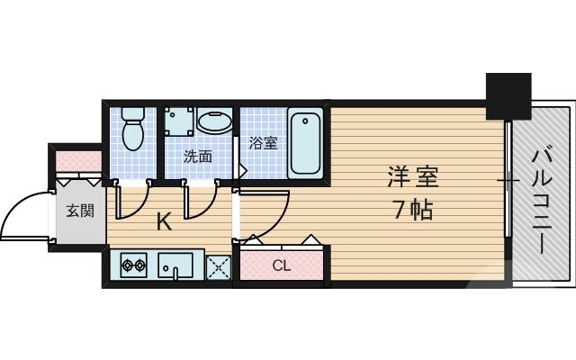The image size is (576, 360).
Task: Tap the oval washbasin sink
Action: point(214,124)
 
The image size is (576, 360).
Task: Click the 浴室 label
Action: point(263,142)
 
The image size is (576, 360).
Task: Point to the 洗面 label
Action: point(198,156)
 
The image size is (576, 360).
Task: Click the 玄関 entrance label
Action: point(79,211)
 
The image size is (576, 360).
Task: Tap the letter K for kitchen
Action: point(164,221)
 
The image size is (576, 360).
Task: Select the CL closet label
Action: point(281,265)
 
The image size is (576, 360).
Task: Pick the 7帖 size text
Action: point(412,211)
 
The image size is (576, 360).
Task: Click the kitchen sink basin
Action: point(175,265)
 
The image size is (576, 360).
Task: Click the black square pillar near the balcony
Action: point(509,95)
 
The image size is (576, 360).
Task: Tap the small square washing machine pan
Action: point(176,123)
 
